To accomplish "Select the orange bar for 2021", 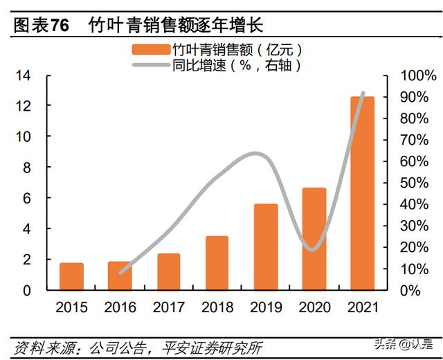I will (362, 193).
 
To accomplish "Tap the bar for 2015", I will (71, 277).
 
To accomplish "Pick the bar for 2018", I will (217, 263).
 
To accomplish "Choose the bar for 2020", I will (314, 239).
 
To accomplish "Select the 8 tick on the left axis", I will (27, 167).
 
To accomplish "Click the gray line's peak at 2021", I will (363, 93).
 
